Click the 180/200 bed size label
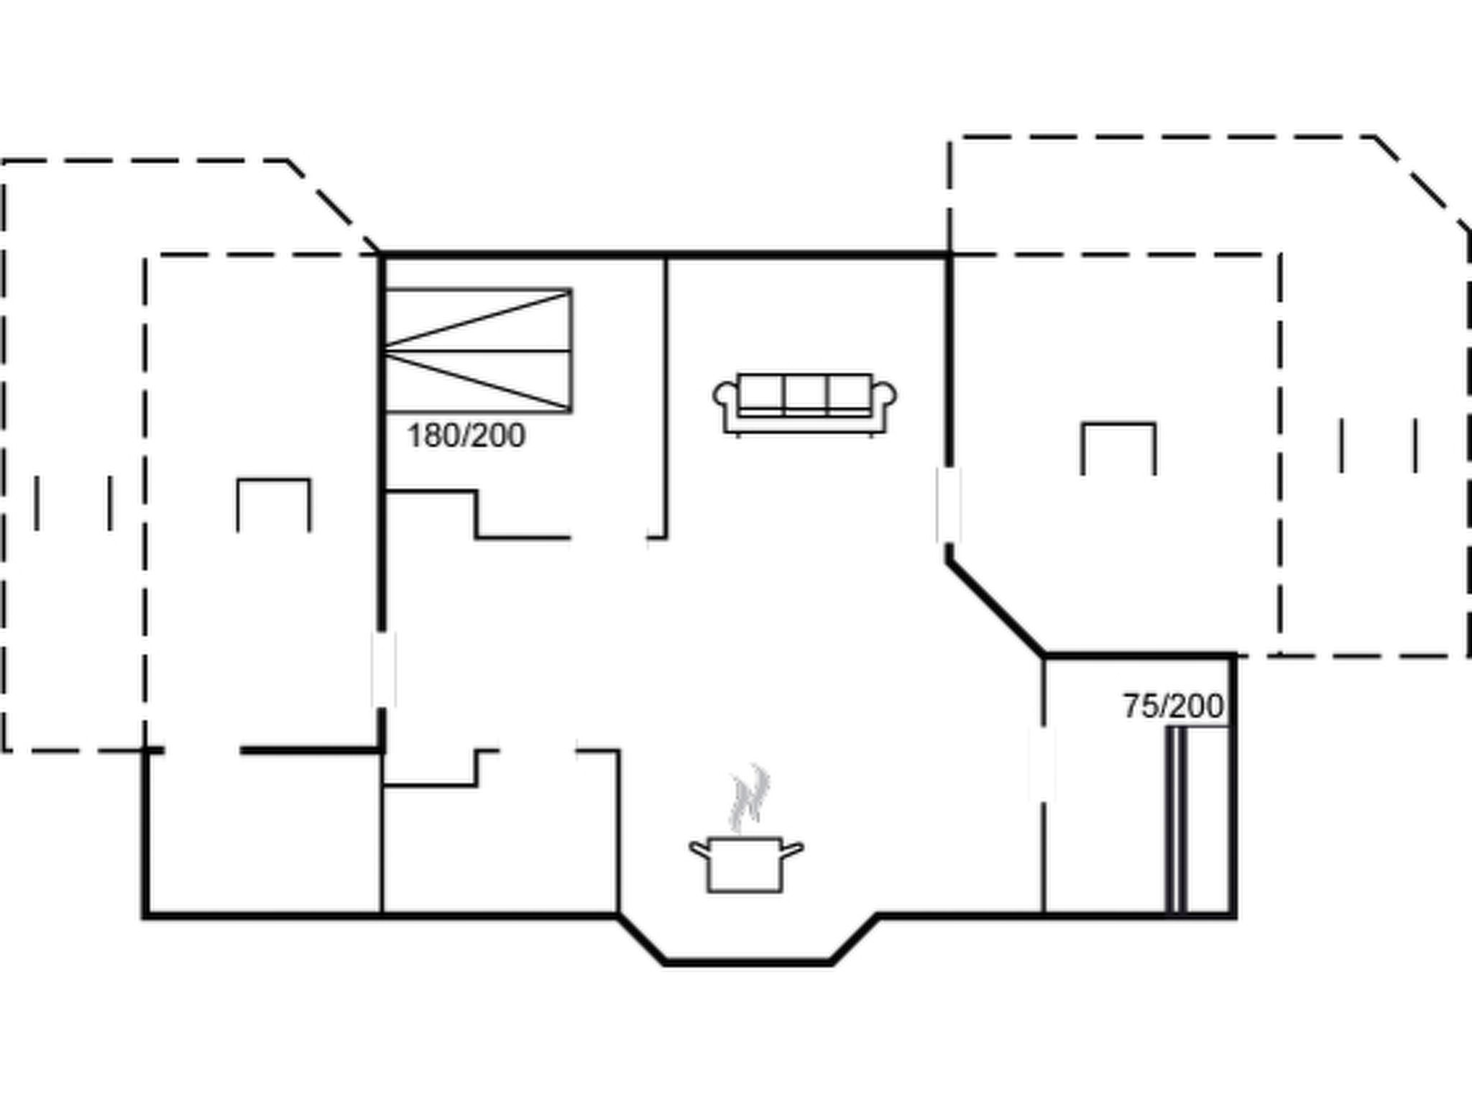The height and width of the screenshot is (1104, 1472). tap(466, 436)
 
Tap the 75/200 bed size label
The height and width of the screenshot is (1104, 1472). tap(1173, 707)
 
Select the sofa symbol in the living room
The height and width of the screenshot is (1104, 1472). tap(804, 403)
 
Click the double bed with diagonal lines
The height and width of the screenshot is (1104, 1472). tap(478, 351)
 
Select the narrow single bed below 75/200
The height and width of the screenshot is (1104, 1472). tap(1196, 819)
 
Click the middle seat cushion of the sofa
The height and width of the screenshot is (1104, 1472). tap(805, 394)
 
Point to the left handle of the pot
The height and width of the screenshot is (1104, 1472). tap(699, 849)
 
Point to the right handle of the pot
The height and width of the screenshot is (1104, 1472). tap(792, 850)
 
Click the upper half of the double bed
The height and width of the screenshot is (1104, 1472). tap(478, 321)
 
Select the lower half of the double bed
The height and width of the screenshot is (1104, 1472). tap(478, 382)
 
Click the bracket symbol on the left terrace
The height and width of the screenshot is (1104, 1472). tap(274, 503)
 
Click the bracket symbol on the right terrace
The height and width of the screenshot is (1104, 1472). tap(1119, 447)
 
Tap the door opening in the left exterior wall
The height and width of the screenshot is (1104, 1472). tap(383, 669)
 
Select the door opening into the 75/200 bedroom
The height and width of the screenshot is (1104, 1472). tap(1043, 763)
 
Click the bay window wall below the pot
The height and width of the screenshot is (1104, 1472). tap(747, 962)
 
